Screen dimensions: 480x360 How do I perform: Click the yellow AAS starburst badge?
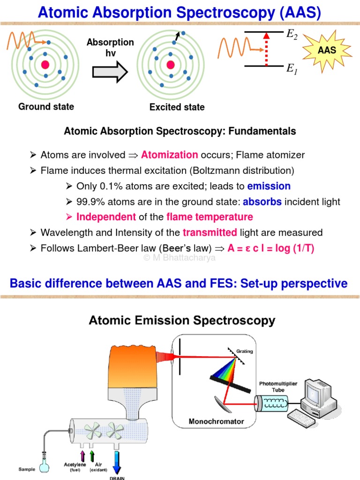coord(327,50)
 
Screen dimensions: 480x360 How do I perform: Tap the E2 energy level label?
coord(292,34)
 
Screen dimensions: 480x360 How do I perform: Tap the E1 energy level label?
coord(292,69)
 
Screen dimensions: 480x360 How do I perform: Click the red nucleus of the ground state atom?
coord(45,64)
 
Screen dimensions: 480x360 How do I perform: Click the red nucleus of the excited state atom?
coord(171,65)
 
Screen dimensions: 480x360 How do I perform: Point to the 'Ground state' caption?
coord(46,106)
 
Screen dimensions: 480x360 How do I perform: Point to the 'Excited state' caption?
coord(177,107)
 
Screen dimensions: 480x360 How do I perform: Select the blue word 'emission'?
coord(269,186)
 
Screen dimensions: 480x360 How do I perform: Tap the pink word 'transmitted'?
coord(210,232)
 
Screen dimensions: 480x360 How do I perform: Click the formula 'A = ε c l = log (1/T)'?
coord(270,248)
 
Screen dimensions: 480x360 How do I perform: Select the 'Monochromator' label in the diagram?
coord(216,421)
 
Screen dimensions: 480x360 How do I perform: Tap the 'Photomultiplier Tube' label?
coord(278,386)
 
